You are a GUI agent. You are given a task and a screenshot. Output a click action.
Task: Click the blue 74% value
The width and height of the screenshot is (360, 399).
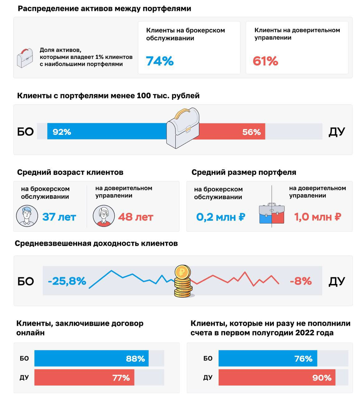pos(160,61)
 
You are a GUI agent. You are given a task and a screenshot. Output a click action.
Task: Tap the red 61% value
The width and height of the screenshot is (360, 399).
pos(265,61)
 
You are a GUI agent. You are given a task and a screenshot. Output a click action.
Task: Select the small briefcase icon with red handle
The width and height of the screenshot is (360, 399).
pos(25,58)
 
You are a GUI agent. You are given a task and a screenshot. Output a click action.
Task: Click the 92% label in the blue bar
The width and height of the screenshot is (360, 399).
pos(62,132)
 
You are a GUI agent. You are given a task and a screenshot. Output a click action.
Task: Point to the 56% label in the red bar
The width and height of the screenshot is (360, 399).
pos(251,132)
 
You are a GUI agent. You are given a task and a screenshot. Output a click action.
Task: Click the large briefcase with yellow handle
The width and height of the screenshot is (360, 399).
pos(182,129)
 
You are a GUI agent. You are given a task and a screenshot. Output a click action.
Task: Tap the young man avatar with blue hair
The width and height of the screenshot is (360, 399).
pos(27,216)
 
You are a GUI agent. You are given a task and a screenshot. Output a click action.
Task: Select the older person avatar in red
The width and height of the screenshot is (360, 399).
pos(104,216)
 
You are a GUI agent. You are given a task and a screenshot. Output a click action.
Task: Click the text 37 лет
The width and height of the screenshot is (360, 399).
pos(59,217)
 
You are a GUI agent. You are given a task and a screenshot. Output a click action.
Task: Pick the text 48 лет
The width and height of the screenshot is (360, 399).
pos(135,217)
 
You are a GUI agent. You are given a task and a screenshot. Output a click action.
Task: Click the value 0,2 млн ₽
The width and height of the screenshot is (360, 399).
pos(221,217)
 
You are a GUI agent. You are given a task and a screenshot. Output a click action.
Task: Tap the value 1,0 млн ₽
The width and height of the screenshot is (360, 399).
pos(317,217)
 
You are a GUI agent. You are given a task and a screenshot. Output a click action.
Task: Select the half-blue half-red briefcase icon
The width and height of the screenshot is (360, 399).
pos(272,213)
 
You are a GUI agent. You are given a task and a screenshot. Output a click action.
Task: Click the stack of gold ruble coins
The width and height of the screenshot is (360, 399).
pos(183,281)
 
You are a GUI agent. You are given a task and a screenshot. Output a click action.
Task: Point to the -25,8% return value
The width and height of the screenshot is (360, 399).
pos(67,281)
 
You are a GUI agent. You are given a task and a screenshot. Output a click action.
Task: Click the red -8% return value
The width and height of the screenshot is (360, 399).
pos(301,281)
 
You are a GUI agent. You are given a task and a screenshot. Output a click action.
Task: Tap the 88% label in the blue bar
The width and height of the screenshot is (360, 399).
pos(135,359)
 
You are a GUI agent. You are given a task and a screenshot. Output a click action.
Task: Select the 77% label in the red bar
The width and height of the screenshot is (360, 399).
pos(121,378)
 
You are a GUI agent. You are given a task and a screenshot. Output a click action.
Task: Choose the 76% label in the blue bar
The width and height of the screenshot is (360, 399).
pos(303,359)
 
